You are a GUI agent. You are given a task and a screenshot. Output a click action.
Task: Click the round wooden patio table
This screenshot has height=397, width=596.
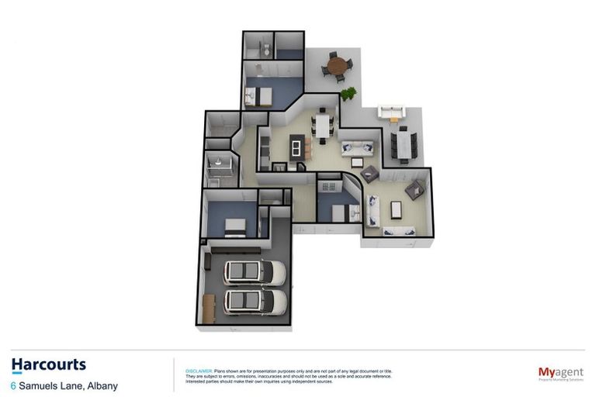pyautogui.click(x=337, y=65)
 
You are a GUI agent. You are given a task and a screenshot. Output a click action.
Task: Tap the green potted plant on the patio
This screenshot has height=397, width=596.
pyautogui.click(x=348, y=94)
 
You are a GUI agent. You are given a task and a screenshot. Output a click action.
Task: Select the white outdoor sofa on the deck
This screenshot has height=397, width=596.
pyautogui.click(x=390, y=112)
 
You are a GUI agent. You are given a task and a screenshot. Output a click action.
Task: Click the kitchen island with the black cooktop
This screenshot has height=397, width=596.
pyautogui.click(x=296, y=146)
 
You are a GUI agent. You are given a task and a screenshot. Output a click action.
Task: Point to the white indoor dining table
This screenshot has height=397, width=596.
pyautogui.click(x=321, y=124)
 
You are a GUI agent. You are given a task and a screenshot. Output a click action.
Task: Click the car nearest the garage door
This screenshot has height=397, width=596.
pyautogui.click(x=249, y=301)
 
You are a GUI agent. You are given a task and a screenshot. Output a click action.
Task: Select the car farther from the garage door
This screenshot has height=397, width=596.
pyautogui.click(x=255, y=272)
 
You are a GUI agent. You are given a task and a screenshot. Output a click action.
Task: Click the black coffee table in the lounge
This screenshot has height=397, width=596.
pyautogui.click(x=396, y=209)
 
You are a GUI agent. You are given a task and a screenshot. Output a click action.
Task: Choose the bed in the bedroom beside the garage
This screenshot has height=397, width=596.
pyautogui.click(x=234, y=226)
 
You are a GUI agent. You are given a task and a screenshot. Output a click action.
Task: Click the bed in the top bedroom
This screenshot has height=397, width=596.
pyautogui.click(x=258, y=96)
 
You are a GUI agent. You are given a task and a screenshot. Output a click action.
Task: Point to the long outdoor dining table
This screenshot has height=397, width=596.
pyautogui.click(x=404, y=144)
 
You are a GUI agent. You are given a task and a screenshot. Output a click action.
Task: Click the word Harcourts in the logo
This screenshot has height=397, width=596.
pyautogui.click(x=49, y=364)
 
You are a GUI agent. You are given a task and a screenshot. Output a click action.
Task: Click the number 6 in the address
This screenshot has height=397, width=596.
pyautogui.click(x=14, y=385)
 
